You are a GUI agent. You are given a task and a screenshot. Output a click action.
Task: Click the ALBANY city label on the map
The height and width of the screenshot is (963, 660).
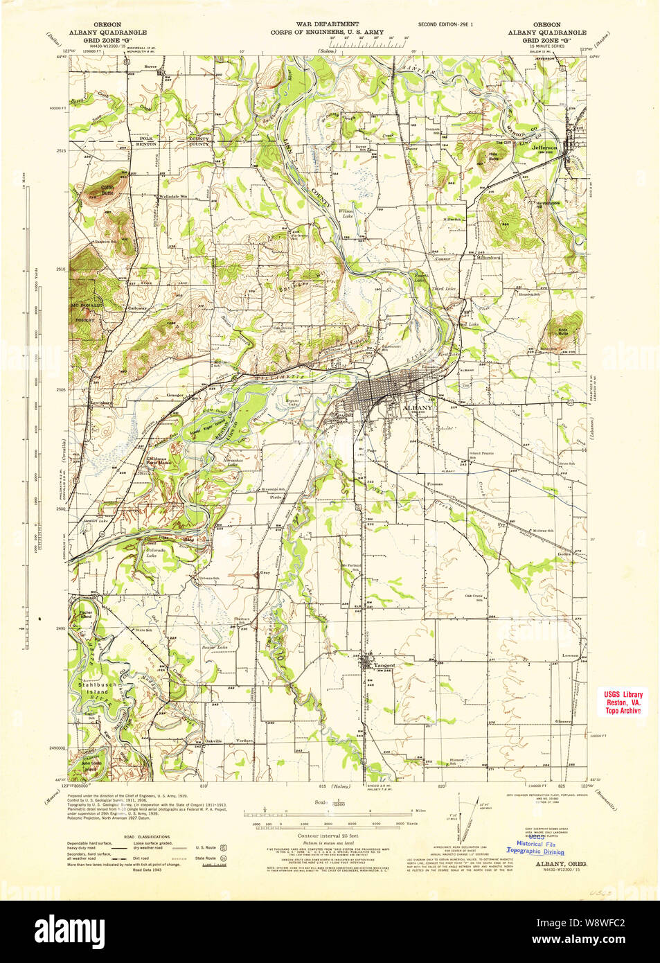click(418, 408)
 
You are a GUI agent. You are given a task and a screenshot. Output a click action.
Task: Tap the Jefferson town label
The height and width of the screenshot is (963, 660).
click(544, 148)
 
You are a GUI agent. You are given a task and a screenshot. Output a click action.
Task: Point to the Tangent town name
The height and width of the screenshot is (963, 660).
click(384, 666)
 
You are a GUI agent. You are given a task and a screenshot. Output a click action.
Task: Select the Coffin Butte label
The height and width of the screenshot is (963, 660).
click(107, 189)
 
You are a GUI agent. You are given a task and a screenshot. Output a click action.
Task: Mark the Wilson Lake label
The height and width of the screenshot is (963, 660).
click(346, 213)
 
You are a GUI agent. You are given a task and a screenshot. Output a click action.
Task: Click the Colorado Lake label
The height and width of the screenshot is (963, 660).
click(151, 553)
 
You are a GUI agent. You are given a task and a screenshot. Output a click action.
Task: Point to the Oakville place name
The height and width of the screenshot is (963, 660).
click(213, 741)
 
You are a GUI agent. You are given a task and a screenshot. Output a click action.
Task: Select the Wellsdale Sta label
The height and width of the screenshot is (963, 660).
click(174, 196)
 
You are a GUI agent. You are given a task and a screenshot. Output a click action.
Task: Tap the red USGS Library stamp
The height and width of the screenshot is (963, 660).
click(623, 702)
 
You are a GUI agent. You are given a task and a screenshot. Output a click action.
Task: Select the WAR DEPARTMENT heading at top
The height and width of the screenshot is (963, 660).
click(327, 24)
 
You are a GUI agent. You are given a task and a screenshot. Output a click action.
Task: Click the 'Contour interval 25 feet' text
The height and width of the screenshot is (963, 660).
click(328, 836)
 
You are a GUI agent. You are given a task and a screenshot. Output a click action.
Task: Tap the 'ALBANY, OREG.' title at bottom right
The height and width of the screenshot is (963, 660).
click(561, 864)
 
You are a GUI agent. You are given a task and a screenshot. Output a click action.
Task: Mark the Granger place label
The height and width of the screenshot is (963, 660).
click(175, 396)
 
